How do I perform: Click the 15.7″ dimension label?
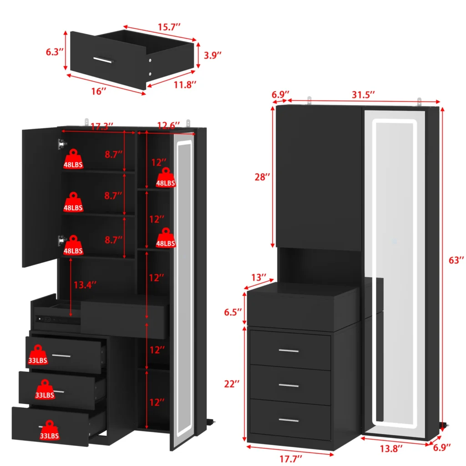pyautogui.click(x=169, y=27)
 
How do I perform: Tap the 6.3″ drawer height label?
pyautogui.click(x=55, y=52)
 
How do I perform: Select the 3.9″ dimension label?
pyautogui.click(x=213, y=55)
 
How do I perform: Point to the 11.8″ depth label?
pyautogui.click(x=185, y=85)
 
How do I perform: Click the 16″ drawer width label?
pyautogui.click(x=99, y=91)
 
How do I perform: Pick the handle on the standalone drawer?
pyautogui.click(x=103, y=60)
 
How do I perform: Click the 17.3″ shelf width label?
pyautogui.click(x=102, y=127)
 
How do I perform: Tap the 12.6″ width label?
pyautogui.click(x=168, y=126)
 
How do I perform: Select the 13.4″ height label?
pyautogui.click(x=85, y=285)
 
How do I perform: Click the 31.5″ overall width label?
pyautogui.click(x=363, y=95)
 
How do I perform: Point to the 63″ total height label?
pyautogui.click(x=456, y=260)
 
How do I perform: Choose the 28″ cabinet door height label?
pyautogui.click(x=262, y=177)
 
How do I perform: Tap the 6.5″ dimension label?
pyautogui.click(x=233, y=312)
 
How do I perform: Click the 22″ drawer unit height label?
pyautogui.click(x=232, y=384)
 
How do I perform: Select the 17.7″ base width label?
pyautogui.click(x=291, y=459)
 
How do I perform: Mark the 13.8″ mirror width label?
pyautogui.click(x=391, y=448)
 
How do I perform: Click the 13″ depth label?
pyautogui.click(x=258, y=278)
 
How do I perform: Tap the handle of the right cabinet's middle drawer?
pyautogui.click(x=289, y=386)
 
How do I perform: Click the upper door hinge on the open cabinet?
pyautogui.click(x=62, y=144)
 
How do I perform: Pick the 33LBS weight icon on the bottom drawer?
pyautogui.click(x=50, y=430)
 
